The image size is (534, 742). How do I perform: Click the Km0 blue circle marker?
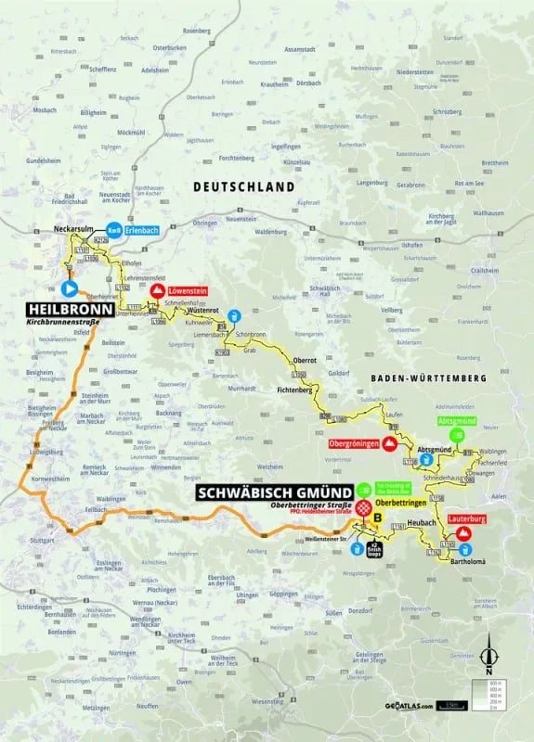click(x=114, y=230)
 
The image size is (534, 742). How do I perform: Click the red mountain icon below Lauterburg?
click(x=463, y=533)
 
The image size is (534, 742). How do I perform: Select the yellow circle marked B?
click(x=377, y=517)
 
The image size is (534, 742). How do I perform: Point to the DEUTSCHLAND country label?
click(x=243, y=186)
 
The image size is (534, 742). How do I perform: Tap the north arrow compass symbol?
click(x=493, y=659)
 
